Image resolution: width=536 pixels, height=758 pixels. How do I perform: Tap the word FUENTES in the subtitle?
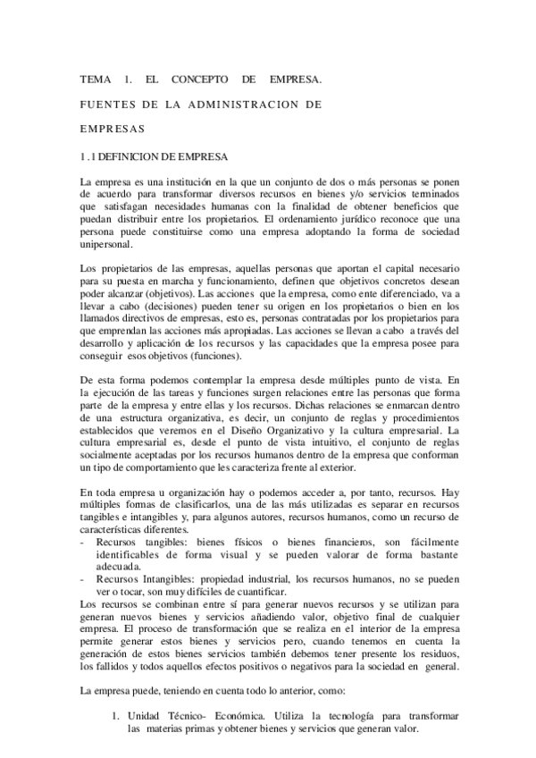click(x=105, y=104)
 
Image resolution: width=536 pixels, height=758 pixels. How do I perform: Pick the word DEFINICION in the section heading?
click(x=133, y=156)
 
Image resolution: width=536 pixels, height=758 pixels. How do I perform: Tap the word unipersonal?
click(x=106, y=244)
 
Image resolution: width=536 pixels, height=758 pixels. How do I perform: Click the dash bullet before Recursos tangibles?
click(x=83, y=542)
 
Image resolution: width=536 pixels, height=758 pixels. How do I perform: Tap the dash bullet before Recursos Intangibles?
click(x=83, y=579)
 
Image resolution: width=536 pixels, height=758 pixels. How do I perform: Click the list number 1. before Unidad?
click(x=115, y=717)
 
